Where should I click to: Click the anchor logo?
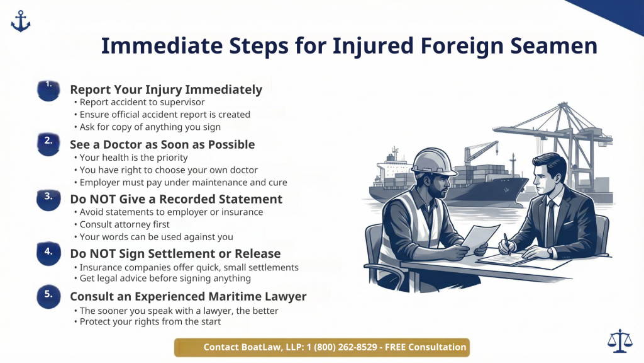[20, 21]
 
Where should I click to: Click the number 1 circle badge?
[49, 90]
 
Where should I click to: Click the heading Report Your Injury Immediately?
[166, 89]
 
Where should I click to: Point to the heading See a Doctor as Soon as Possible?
[162, 144]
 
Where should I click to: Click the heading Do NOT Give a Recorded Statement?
[176, 199]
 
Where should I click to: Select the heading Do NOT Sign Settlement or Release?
[175, 253]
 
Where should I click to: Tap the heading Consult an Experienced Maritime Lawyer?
[188, 296]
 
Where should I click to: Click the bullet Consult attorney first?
[125, 224]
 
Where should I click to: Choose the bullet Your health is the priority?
[133, 158]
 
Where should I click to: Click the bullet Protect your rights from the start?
[150, 321]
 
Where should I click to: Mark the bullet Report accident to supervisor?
[142, 102]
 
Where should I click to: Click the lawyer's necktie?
[550, 221]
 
